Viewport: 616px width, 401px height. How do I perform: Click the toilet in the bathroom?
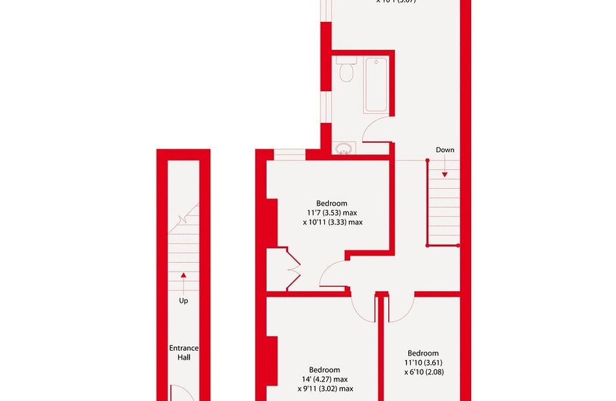(x=346, y=70)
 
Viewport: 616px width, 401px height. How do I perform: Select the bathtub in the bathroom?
(x=375, y=85)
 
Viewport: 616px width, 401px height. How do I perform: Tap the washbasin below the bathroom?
(x=344, y=148)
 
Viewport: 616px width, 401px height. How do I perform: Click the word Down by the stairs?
(x=445, y=150)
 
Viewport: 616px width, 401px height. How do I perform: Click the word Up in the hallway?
(x=184, y=301)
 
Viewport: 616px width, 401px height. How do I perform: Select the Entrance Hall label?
(x=184, y=352)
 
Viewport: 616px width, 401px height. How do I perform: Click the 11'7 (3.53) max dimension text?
(x=333, y=211)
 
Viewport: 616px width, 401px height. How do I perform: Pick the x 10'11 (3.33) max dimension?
(x=333, y=222)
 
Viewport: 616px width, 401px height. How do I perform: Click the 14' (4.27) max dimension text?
(x=324, y=380)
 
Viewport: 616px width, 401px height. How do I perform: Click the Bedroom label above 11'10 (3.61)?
(x=423, y=353)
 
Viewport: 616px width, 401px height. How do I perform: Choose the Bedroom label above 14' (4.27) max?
(x=324, y=370)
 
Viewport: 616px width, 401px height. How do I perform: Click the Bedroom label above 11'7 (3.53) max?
(x=332, y=201)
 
